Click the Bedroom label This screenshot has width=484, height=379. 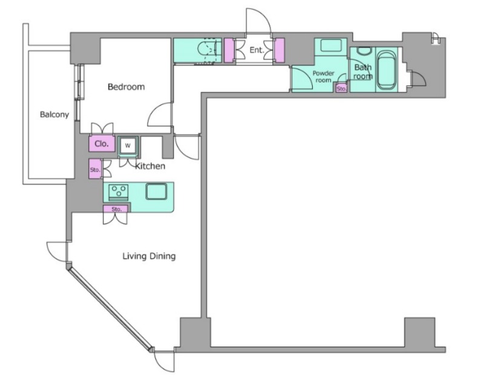pyautogui.click(x=126, y=87)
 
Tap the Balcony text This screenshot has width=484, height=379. pyautogui.click(x=54, y=115)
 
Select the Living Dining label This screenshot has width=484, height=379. pyautogui.click(x=149, y=256)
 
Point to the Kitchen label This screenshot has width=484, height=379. pyautogui.click(x=150, y=166)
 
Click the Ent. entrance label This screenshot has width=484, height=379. pyautogui.click(x=257, y=50)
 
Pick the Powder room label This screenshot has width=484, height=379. pyautogui.click(x=323, y=77)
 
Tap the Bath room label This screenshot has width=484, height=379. pyautogui.click(x=363, y=72)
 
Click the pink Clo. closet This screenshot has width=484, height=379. pyautogui.click(x=102, y=144)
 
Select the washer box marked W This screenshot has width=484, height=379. pyautogui.click(x=128, y=146)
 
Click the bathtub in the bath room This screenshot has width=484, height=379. pyautogui.click(x=387, y=71)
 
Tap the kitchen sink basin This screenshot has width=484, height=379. pyautogui.click(x=156, y=192)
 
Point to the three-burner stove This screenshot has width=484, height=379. pyautogui.click(x=119, y=192)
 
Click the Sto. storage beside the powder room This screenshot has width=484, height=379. pyautogui.click(x=341, y=89)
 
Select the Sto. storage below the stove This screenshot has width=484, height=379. pyautogui.click(x=116, y=209)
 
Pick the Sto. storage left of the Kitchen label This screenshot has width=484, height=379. pyautogui.click(x=95, y=169)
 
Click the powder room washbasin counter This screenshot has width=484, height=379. pyautogui.click(x=330, y=47)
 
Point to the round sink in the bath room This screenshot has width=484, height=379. pyautogui.click(x=364, y=51)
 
